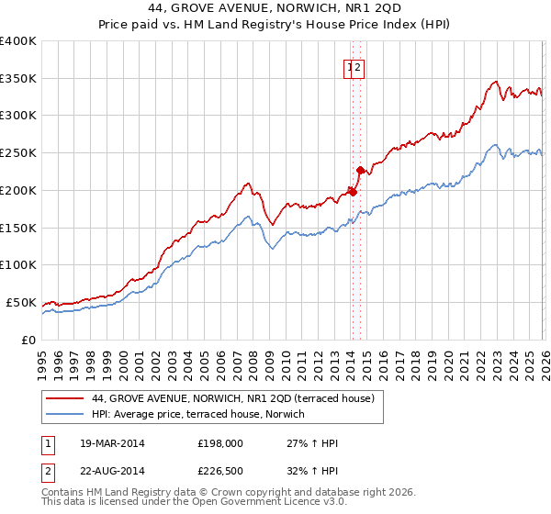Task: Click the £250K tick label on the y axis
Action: tap(18, 152)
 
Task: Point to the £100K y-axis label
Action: tap(18, 264)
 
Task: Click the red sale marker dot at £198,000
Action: tap(353, 192)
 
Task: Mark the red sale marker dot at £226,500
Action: tap(360, 170)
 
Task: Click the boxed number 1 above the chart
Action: tap(351, 66)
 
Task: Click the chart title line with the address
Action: tap(275, 9)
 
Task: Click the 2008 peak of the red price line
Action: tap(248, 184)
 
